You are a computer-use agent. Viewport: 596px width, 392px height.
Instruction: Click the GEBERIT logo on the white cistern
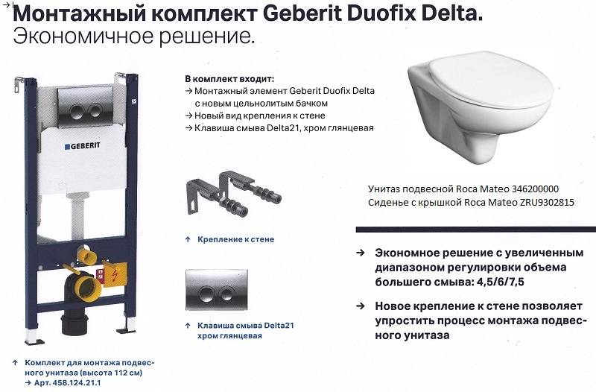[x=82, y=146]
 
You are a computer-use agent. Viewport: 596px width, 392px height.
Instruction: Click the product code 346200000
[x=535, y=189]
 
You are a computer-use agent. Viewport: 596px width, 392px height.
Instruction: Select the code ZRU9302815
[x=547, y=202]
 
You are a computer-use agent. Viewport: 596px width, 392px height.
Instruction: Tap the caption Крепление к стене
[x=235, y=239]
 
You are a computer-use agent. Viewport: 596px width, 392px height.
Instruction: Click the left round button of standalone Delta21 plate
[x=206, y=294]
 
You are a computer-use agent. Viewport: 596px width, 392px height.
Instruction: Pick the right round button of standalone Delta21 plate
[x=227, y=294]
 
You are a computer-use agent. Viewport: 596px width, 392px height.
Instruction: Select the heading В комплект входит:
[x=229, y=79]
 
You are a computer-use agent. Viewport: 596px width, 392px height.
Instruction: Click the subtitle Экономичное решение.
[x=134, y=37]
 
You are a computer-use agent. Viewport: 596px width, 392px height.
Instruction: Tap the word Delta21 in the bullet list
[x=280, y=127]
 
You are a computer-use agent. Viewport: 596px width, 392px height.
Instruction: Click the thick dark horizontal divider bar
[x=476, y=230]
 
